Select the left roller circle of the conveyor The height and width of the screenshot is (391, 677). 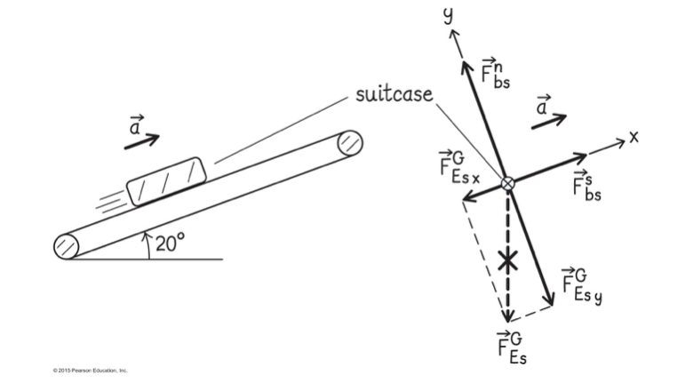point(67,246)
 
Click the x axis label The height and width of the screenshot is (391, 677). point(633,137)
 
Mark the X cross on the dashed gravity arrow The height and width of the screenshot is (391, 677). point(507,260)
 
